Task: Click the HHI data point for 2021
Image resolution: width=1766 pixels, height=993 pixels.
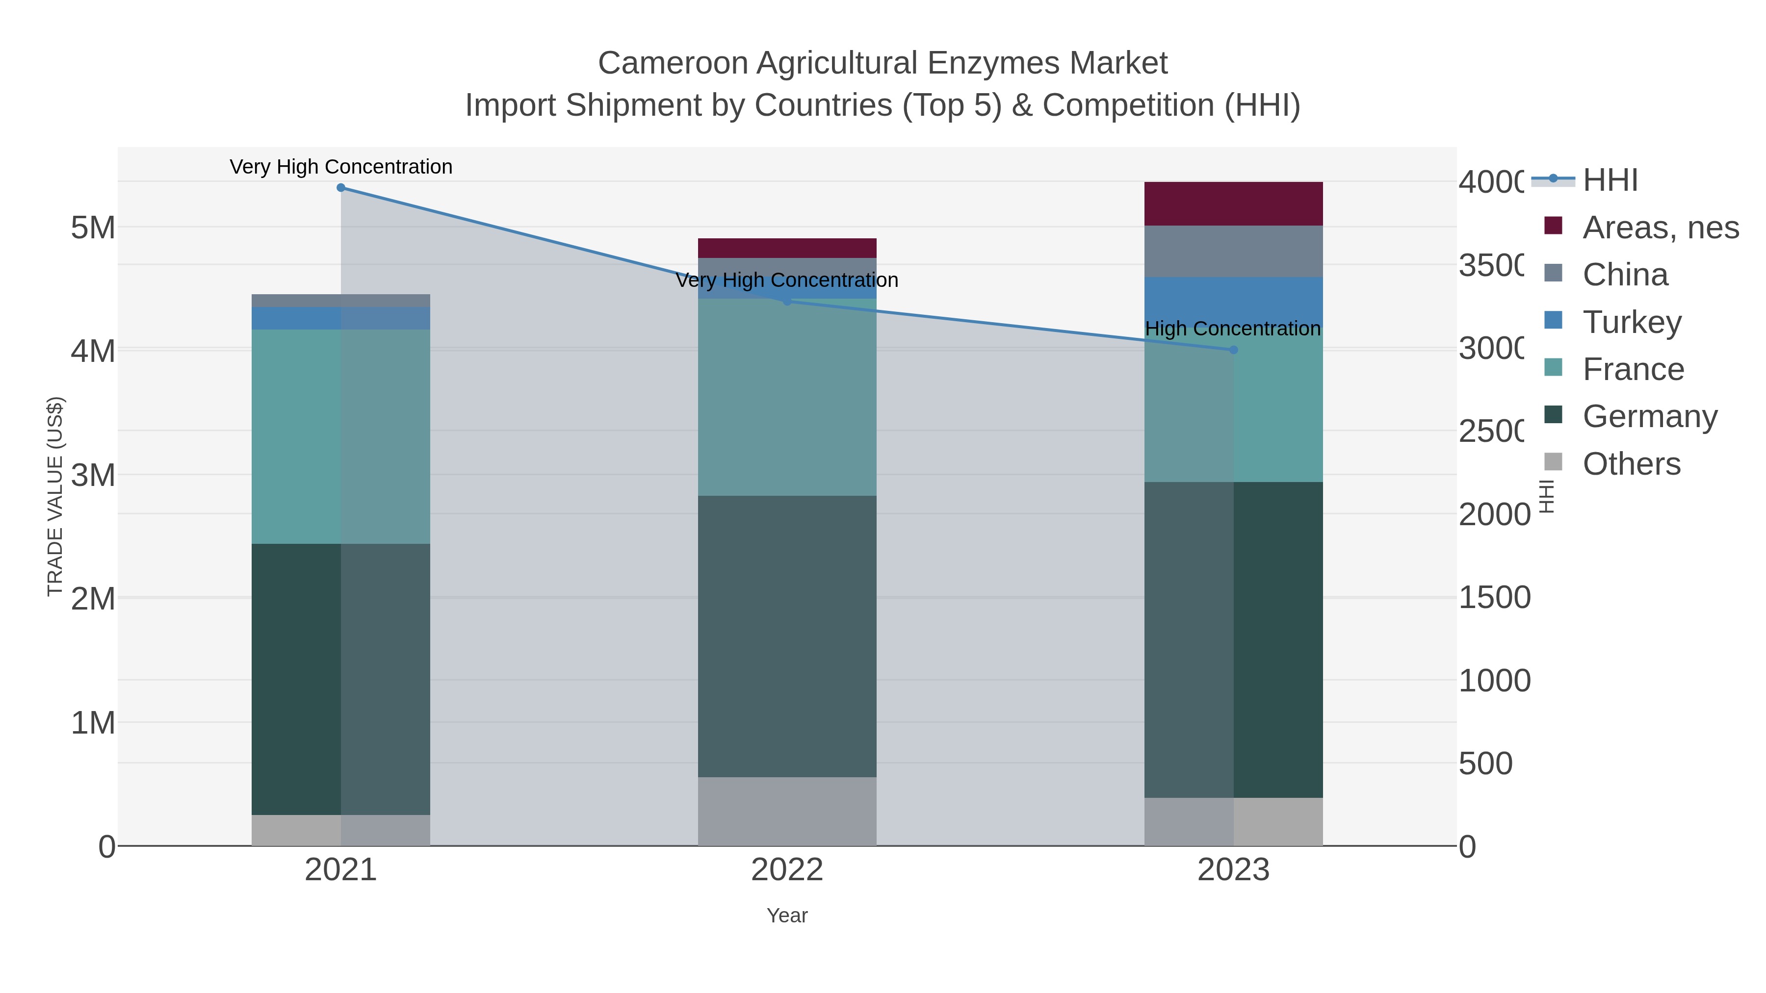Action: pyautogui.click(x=341, y=188)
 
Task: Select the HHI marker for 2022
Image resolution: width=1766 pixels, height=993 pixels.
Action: pyautogui.click(x=787, y=301)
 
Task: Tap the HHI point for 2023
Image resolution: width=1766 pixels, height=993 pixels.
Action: pyautogui.click(x=1233, y=350)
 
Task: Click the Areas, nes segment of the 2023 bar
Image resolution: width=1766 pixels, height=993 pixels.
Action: pyautogui.click(x=1233, y=204)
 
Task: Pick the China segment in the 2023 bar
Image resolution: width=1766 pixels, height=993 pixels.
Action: pyautogui.click(x=1233, y=252)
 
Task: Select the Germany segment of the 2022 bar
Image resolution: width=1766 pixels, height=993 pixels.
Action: pyautogui.click(x=787, y=636)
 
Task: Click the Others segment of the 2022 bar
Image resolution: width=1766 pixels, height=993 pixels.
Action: pyautogui.click(x=787, y=812)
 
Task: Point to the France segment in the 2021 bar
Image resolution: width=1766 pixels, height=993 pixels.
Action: pyautogui.click(x=341, y=436)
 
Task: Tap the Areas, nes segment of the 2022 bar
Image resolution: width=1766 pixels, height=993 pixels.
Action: pyautogui.click(x=787, y=248)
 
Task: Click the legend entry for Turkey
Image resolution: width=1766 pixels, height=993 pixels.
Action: pyautogui.click(x=1632, y=322)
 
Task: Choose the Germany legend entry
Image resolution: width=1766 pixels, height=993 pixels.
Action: pyautogui.click(x=1649, y=417)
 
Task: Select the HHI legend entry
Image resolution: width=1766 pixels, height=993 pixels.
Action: pyautogui.click(x=1610, y=180)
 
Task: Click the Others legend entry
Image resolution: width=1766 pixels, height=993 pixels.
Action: pyautogui.click(x=1631, y=464)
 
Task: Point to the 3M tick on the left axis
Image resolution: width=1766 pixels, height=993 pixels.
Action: pyautogui.click(x=93, y=475)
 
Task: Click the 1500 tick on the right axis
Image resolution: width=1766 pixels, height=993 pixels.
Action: pyautogui.click(x=1494, y=598)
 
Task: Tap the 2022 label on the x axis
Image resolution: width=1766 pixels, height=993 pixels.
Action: pyautogui.click(x=787, y=870)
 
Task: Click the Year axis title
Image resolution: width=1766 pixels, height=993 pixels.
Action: pyautogui.click(x=787, y=916)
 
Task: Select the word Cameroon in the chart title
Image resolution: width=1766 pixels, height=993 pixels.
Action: pyautogui.click(x=673, y=64)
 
